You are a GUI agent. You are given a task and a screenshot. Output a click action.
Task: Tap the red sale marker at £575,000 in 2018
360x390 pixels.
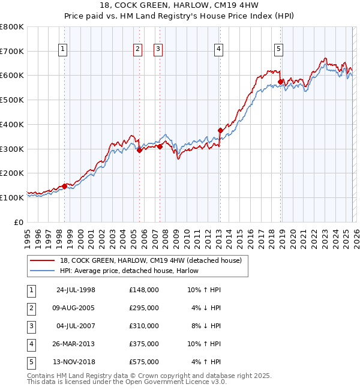coord(280,82)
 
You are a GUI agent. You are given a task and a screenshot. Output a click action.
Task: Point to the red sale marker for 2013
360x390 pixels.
coord(220,130)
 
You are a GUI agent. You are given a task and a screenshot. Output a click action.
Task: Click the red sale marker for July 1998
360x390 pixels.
coord(64,186)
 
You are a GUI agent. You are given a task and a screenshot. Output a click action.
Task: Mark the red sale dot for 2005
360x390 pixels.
coord(139,150)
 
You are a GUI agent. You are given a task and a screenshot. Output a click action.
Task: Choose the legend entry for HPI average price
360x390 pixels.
coord(129,271)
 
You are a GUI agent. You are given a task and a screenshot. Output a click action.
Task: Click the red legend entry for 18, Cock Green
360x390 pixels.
coord(150,260)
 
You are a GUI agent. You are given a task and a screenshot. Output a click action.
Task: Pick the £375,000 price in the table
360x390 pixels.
coord(143,344)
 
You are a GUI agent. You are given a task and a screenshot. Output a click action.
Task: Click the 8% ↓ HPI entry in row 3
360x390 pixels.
coord(205,326)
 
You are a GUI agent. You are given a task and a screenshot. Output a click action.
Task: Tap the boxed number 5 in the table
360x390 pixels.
coord(31,362)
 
